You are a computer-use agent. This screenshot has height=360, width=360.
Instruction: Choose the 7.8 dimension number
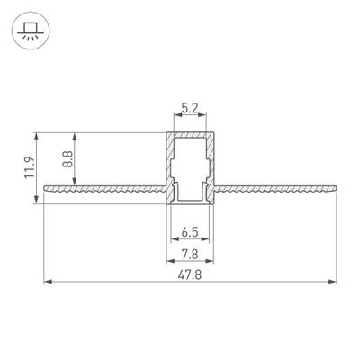pos(189,255)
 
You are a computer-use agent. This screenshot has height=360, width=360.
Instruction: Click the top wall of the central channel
pos(189,135)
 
